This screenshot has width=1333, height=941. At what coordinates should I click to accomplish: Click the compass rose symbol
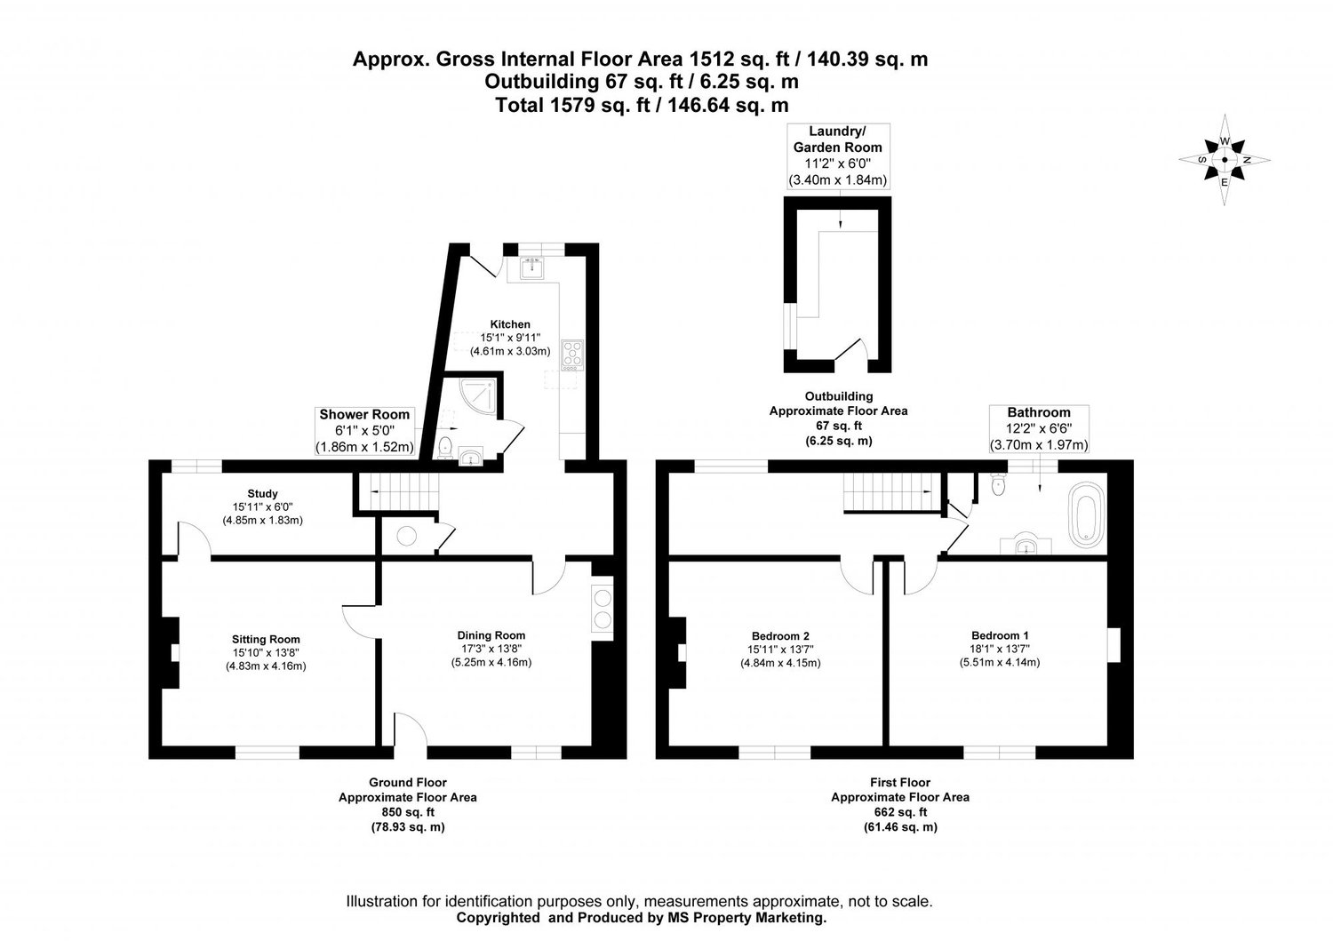pos(1225,160)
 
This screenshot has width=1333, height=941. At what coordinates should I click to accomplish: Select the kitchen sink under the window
pos(535,266)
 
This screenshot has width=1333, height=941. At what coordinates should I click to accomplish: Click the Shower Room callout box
pos(364,431)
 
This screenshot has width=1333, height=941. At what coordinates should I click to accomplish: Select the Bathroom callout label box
pos(1038,428)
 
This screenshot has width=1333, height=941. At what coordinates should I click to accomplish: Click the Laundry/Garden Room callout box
pos(837,156)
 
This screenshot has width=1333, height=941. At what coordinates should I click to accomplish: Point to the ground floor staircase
pos(398,491)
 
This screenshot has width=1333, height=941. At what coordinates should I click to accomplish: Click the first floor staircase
pos(890,491)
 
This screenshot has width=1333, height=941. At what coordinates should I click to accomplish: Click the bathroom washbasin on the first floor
pos(1026,544)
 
